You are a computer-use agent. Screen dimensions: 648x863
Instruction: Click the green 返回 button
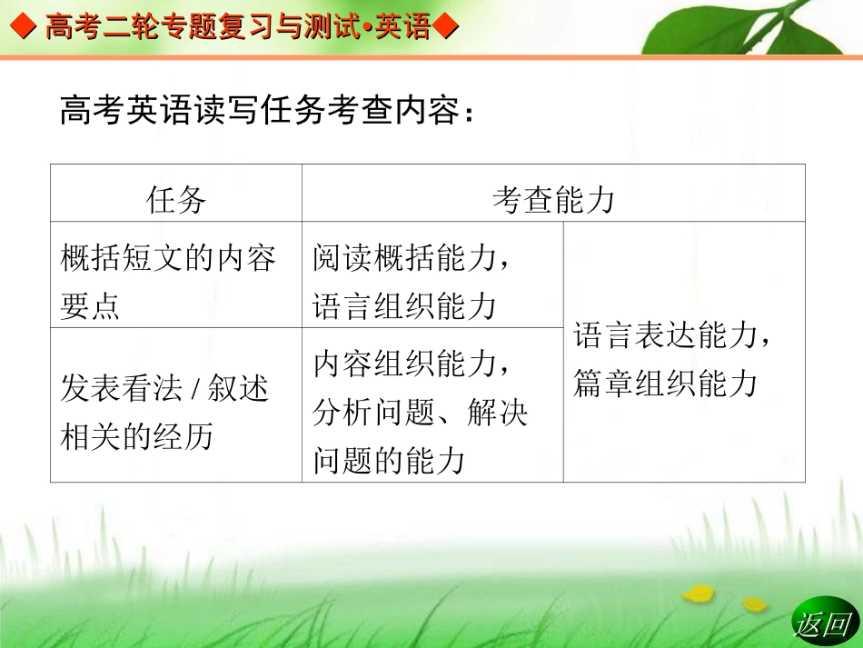pyautogui.click(x=822, y=623)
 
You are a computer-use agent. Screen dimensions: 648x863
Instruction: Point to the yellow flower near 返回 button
pyautogui.click(x=698, y=593)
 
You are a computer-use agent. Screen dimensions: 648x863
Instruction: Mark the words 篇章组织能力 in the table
pyautogui.click(x=665, y=384)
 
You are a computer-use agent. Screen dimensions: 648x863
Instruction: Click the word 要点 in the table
pyautogui.click(x=90, y=306)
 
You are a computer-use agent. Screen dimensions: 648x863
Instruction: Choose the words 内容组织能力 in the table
pyautogui.click(x=404, y=364)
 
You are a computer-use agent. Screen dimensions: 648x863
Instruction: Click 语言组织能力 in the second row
pyautogui.click(x=404, y=306)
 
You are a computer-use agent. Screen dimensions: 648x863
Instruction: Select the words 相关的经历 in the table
pyautogui.click(x=136, y=437)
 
